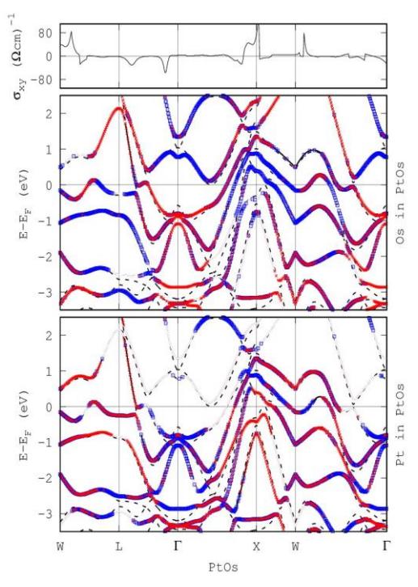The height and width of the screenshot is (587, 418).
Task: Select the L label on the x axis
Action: coord(119,547)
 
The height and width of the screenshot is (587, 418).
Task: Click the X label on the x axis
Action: coord(256,547)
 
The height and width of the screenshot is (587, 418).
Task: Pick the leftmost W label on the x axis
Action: coord(60,547)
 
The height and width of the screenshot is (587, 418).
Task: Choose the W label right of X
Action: coord(296,547)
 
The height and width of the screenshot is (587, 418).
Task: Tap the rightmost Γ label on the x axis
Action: coord(386,547)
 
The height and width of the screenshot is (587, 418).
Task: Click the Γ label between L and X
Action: coord(177,547)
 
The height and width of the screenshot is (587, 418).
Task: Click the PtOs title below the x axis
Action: coord(223,567)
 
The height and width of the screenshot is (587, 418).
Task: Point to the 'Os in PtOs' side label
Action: coord(400,203)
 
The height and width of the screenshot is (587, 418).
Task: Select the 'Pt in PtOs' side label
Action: coord(400,424)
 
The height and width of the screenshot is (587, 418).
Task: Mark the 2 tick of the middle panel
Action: coord(48,113)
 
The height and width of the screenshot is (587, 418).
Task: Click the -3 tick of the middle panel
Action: coord(44,292)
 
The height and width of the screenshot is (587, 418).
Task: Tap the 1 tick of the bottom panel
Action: coord(48,370)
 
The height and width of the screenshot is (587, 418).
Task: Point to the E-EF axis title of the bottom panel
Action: coord(23,425)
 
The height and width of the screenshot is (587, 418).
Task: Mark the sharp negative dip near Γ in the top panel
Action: coord(165,72)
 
